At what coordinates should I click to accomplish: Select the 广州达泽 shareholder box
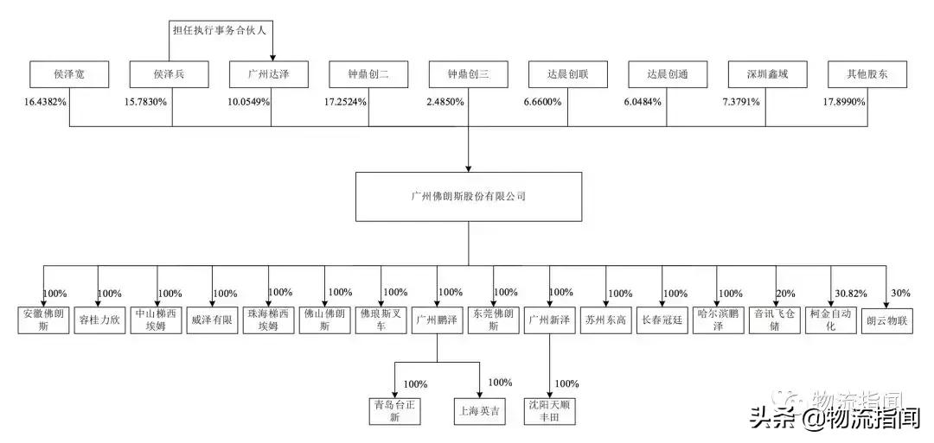pos(271,75)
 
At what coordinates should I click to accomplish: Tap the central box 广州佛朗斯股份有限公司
pos(468,197)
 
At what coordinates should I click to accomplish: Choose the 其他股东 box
pos(867,75)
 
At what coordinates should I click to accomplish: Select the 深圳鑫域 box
pos(768,75)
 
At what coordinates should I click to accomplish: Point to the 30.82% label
pos(850,294)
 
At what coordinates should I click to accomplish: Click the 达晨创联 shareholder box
pos(568,75)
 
